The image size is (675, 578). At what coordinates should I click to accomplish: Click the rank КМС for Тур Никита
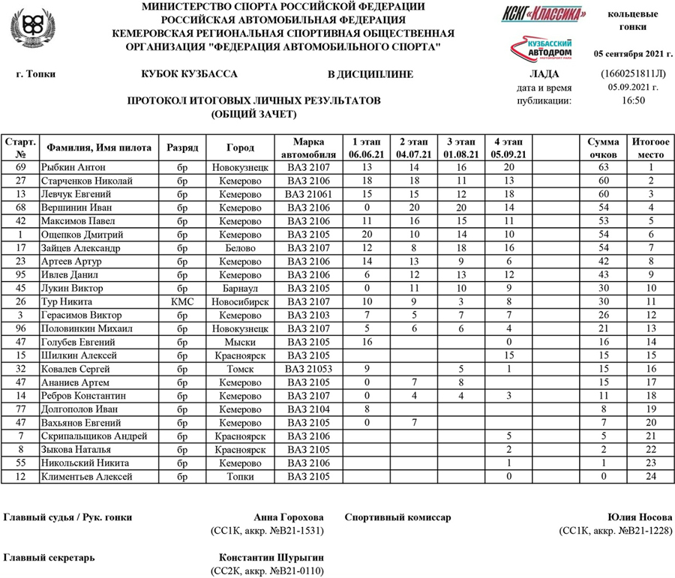pos(183,301)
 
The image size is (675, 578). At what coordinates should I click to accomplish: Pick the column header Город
pos(240,148)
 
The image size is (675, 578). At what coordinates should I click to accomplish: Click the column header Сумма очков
pos(603,148)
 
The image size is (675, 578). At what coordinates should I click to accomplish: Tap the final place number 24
pos(651,477)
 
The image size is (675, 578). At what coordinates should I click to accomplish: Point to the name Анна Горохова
pos(289,518)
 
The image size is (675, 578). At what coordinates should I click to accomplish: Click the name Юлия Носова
pos(642,518)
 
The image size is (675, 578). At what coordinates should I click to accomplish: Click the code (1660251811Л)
pos(633,73)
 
